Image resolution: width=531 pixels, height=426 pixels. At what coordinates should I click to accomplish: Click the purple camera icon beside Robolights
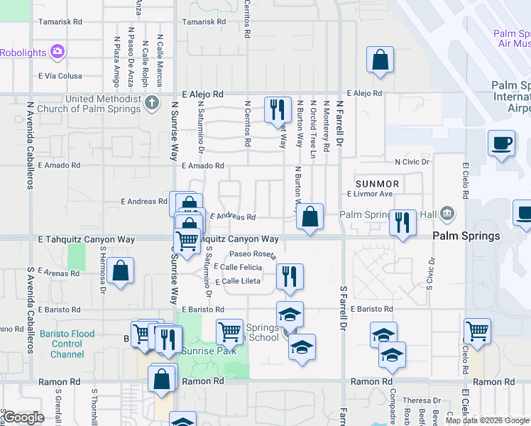click(x=58, y=51)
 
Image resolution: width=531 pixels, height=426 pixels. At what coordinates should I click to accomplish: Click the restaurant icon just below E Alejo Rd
click(x=278, y=109)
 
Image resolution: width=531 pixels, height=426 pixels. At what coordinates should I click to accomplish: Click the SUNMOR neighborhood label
click(x=377, y=183)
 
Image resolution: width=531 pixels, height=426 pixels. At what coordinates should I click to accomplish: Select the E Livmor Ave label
click(x=370, y=194)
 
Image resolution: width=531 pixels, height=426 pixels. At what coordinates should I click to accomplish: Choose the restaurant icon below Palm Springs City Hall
click(x=403, y=222)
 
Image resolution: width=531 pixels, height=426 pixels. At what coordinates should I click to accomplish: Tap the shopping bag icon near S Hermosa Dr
click(x=121, y=271)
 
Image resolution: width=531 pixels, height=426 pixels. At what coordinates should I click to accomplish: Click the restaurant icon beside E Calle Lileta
click(x=289, y=275)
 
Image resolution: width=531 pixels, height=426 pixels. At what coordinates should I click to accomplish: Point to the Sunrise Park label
click(x=209, y=350)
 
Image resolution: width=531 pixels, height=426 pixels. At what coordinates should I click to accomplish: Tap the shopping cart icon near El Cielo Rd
click(x=478, y=330)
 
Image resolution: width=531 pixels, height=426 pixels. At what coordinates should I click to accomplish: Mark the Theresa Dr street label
click(x=422, y=400)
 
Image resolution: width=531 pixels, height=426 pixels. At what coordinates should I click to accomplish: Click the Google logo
click(x=23, y=417)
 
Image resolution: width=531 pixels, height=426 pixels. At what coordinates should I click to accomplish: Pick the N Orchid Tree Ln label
click(x=313, y=129)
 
